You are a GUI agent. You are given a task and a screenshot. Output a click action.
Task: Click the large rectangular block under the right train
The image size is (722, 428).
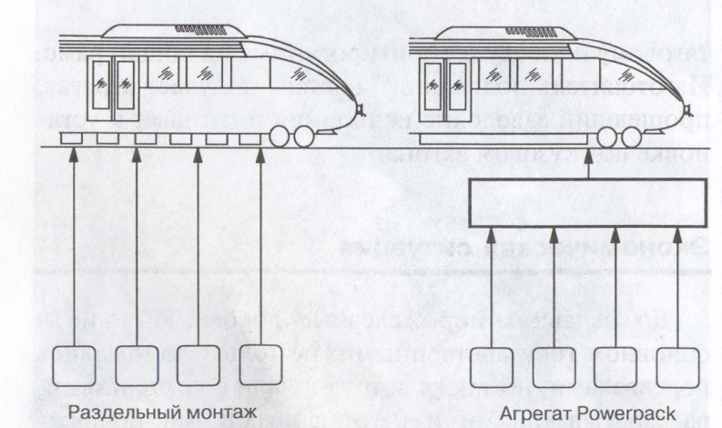coord(587,202)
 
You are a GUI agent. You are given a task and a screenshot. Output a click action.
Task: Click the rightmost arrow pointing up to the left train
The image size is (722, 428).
coord(259,246)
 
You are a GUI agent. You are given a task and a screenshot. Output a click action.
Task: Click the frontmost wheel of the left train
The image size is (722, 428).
coord(305,138)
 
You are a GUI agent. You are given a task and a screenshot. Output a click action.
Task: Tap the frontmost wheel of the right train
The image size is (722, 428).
coord(627,138)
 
